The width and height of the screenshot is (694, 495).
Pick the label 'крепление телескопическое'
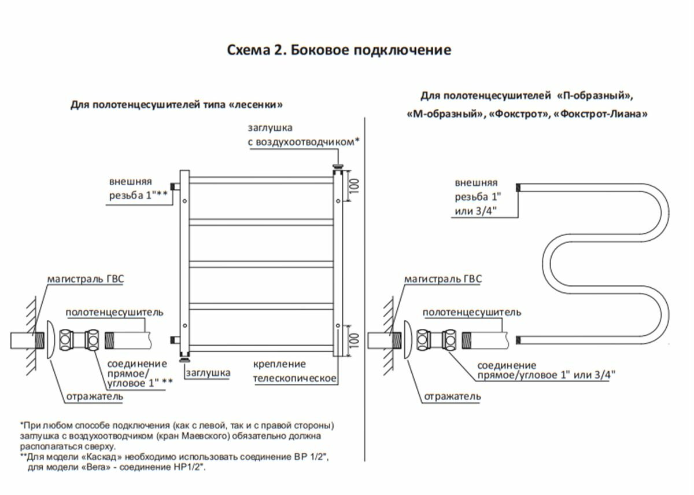(x=295, y=371)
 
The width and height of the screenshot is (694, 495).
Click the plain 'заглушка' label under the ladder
(x=208, y=373)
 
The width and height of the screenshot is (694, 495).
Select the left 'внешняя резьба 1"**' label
(x=138, y=188)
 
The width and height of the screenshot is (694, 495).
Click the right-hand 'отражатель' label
(x=452, y=397)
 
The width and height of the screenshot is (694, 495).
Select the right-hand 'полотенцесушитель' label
(x=471, y=313)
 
